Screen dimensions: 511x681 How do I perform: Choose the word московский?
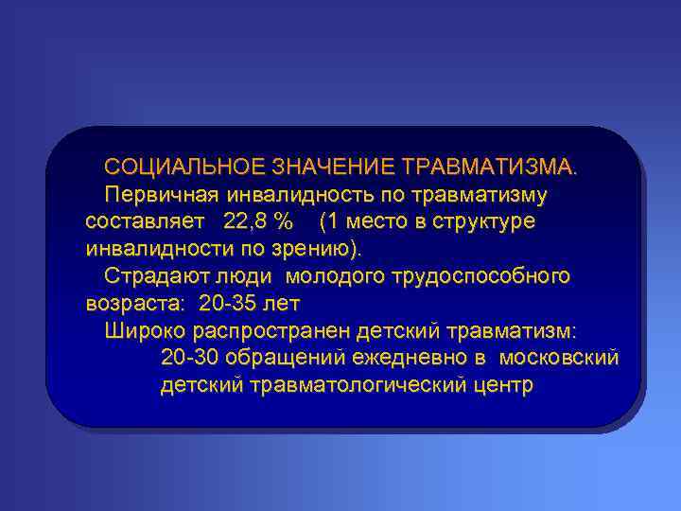pyautogui.click(x=558, y=359)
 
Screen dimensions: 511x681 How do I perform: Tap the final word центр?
pyautogui.click(x=502, y=386)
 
